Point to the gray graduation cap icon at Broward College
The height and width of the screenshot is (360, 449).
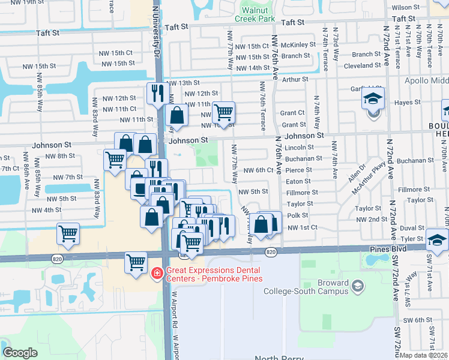pos(358,284)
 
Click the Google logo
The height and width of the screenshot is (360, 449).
pos(20,353)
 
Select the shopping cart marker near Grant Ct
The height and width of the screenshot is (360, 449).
pos(223,113)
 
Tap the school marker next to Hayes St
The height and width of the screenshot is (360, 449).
pos(372,98)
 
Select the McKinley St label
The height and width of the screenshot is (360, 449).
pos(298,45)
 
